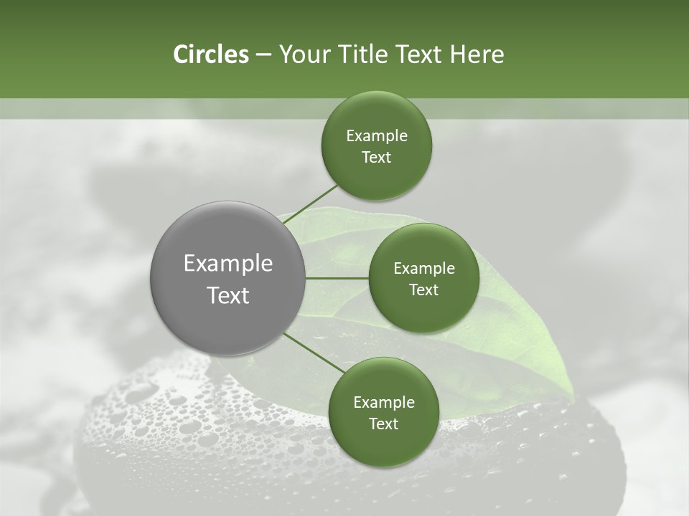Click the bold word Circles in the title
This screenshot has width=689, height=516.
click(211, 54)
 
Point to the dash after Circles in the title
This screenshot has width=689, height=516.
click(263, 55)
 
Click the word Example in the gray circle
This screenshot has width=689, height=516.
click(228, 264)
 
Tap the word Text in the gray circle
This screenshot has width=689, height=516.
click(228, 295)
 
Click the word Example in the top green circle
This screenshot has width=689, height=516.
click(377, 136)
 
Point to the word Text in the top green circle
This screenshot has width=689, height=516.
click(377, 158)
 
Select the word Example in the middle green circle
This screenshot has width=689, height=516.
click(424, 269)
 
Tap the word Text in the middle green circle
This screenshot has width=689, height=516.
click(424, 290)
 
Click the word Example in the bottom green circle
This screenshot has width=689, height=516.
click(384, 403)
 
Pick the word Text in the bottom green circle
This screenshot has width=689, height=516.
click(384, 424)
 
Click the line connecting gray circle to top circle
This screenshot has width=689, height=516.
click(311, 204)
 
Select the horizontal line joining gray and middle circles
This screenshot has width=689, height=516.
click(337, 278)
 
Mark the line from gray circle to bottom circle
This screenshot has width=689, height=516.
click(314, 353)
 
